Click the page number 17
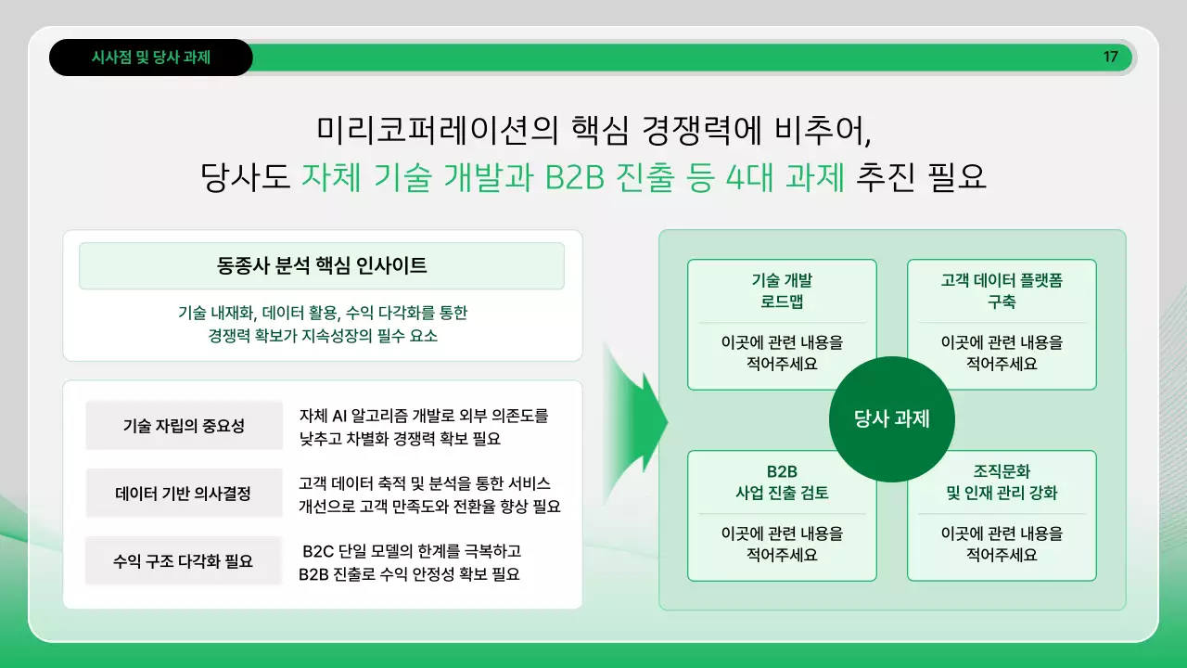tap(1110, 58)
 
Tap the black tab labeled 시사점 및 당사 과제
tap(151, 58)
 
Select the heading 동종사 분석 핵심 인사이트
tap(322, 266)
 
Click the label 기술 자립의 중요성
tap(184, 426)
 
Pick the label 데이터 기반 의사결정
tap(184, 494)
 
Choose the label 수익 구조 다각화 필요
tap(184, 561)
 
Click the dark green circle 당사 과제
tap(891, 419)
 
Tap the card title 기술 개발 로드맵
tap(781, 291)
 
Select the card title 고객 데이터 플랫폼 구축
tap(1002, 291)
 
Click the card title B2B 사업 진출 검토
tap(781, 482)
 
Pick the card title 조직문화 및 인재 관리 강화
tap(1002, 482)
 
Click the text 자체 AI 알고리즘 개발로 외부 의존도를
tap(424, 415)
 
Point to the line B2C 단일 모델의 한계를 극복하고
tap(412, 552)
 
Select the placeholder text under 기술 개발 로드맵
tap(781, 353)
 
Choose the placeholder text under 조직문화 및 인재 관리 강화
tap(1002, 544)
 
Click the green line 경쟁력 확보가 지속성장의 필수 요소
tap(322, 336)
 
